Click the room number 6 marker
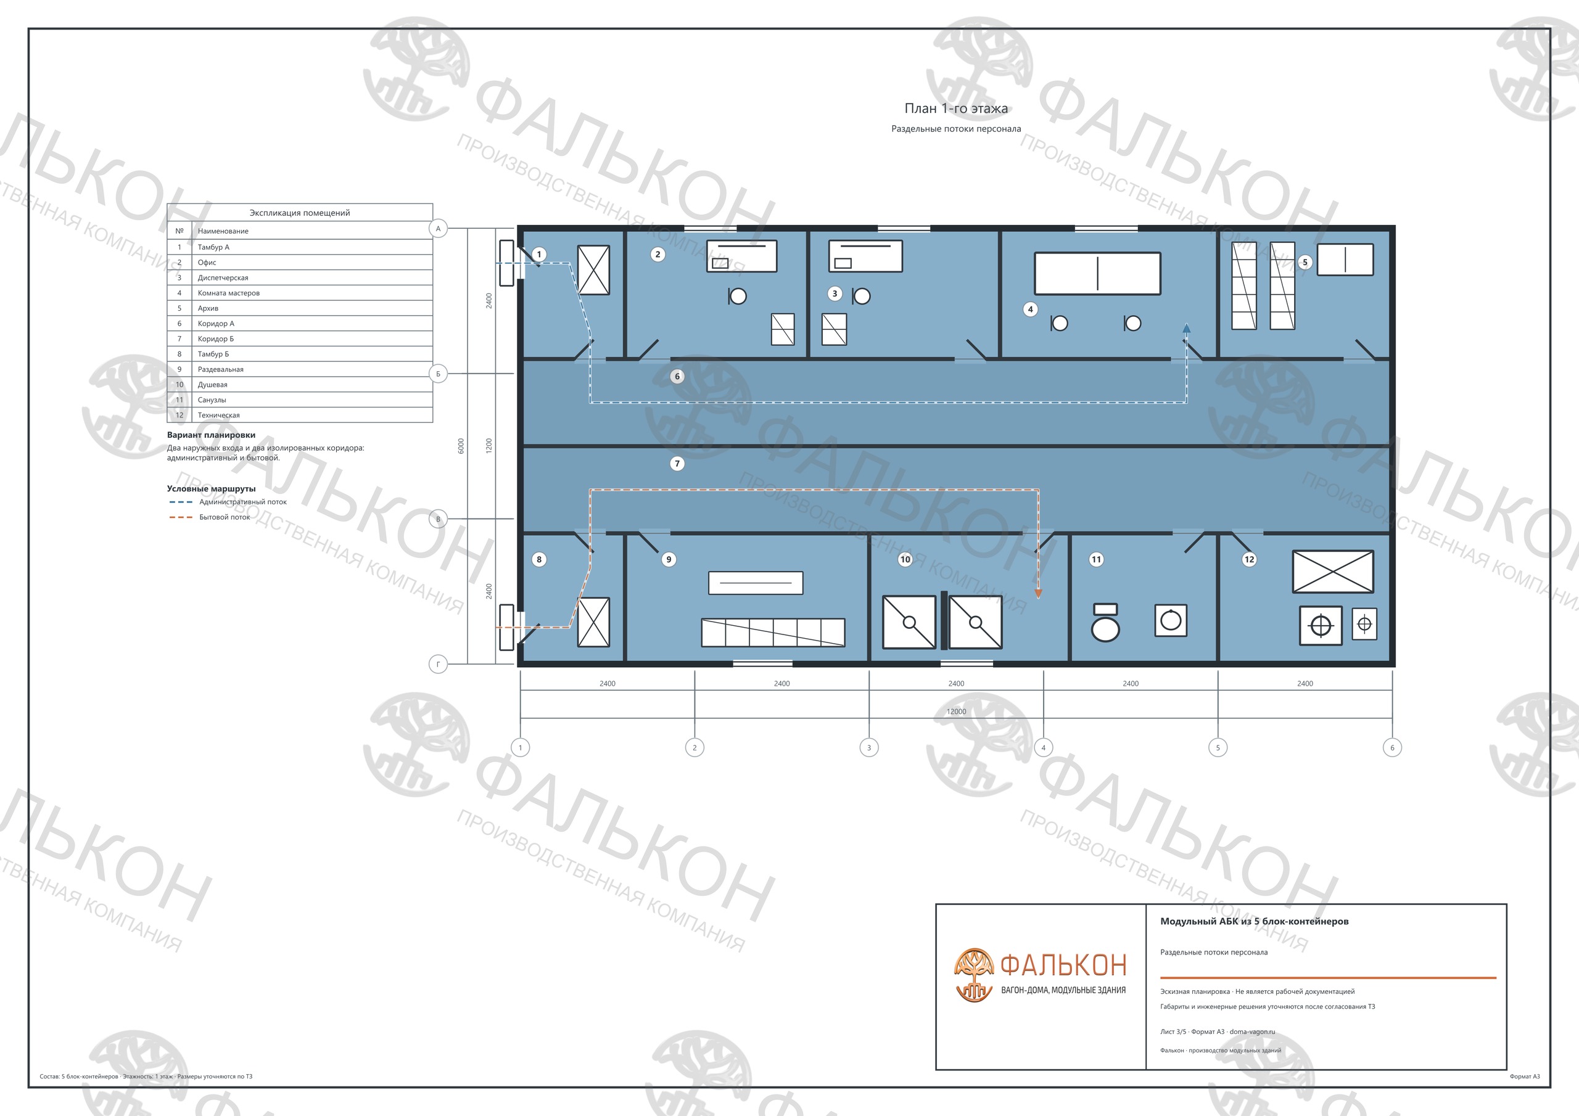coord(677,376)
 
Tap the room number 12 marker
coord(1249,559)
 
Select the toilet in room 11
coord(1105,622)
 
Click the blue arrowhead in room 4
coord(1186,329)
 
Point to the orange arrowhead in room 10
coord(1039,593)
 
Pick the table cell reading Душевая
coord(213,384)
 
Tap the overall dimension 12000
coord(956,712)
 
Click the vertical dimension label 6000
coord(461,446)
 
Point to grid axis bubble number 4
coord(1043,747)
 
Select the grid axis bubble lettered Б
coord(438,374)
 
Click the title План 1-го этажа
coord(956,108)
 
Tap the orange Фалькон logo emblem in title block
coord(974,974)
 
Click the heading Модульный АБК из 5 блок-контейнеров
coord(1255,921)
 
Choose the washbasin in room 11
coord(1171,620)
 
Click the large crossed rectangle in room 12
coord(1333,572)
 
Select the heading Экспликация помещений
coord(300,213)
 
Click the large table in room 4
coord(1098,273)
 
